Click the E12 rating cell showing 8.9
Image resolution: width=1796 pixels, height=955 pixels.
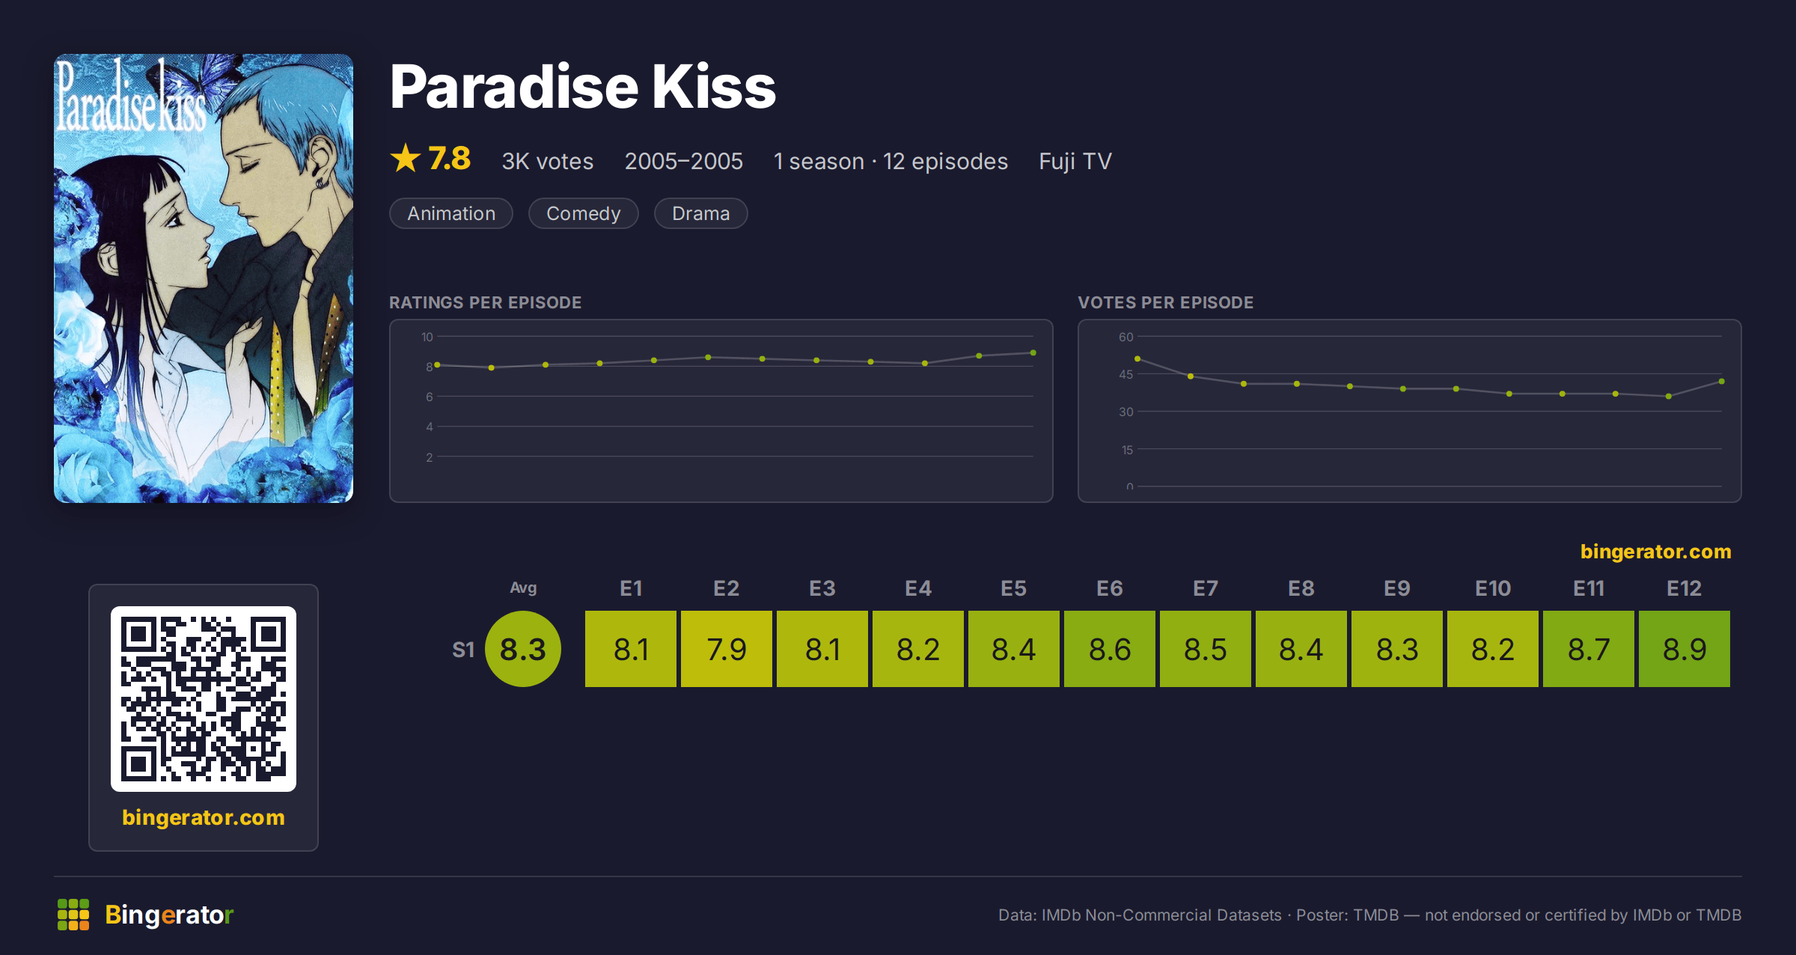tap(1684, 649)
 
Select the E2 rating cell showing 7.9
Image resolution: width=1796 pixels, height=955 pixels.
tap(726, 649)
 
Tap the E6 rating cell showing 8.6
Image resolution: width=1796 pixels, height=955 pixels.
tap(1109, 649)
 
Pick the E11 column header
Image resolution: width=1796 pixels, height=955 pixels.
tap(1588, 588)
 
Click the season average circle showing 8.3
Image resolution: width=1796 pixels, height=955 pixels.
tap(523, 649)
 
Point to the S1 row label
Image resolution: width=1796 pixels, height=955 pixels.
tap(463, 650)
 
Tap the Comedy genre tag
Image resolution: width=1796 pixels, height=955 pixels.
tap(583, 213)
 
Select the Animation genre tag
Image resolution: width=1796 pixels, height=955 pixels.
tap(451, 213)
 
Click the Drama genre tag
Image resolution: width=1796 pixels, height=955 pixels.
tap(700, 213)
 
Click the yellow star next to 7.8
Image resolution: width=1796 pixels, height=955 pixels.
tap(406, 158)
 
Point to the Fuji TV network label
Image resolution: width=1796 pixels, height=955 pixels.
tap(1075, 161)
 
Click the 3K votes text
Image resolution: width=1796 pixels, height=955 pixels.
tap(547, 161)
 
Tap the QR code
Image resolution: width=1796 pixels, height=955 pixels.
tap(204, 699)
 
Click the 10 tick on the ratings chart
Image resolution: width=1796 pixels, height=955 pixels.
tap(427, 337)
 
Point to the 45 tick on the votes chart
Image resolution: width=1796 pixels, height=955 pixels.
tap(1126, 374)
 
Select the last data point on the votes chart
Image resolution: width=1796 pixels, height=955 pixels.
tap(1722, 382)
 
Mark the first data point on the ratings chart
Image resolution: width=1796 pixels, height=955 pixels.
tap(437, 365)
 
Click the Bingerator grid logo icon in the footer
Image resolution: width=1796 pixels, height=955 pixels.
tap(73, 915)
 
